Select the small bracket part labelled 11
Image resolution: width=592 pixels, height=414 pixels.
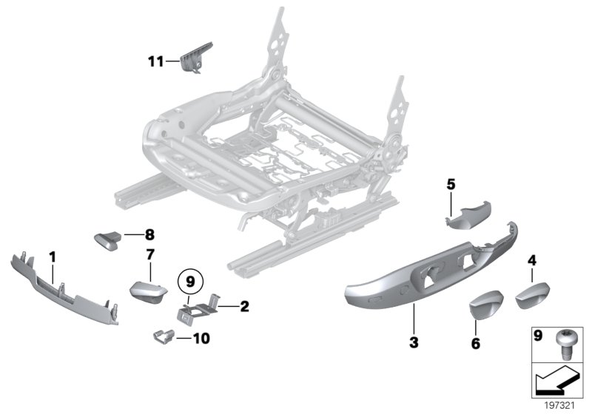coord(195,57)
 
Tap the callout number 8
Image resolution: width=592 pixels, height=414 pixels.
coord(149,236)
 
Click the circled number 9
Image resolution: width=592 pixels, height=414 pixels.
coord(189,281)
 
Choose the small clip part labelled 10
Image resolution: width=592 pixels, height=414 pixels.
coord(167,338)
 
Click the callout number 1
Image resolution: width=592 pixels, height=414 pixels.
coord(53,256)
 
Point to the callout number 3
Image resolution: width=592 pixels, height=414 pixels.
coord(414,342)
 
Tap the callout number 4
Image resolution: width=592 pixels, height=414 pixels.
coord(531,259)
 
